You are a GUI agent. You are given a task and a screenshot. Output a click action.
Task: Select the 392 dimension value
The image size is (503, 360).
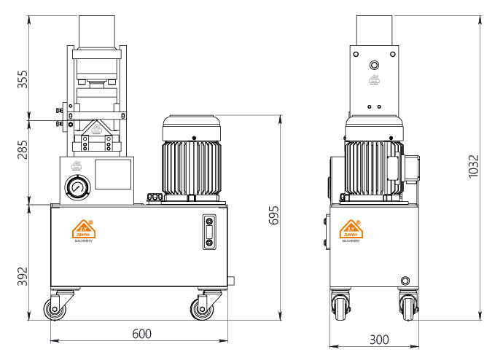point(23,277)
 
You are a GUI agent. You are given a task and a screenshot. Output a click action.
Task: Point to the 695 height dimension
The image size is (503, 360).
point(274,216)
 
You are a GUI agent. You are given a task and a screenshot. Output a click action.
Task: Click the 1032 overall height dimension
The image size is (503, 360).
point(473,166)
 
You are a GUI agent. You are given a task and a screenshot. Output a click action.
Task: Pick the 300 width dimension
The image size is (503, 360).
point(378,339)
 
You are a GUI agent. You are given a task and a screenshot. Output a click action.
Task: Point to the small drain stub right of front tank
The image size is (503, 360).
point(232,280)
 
